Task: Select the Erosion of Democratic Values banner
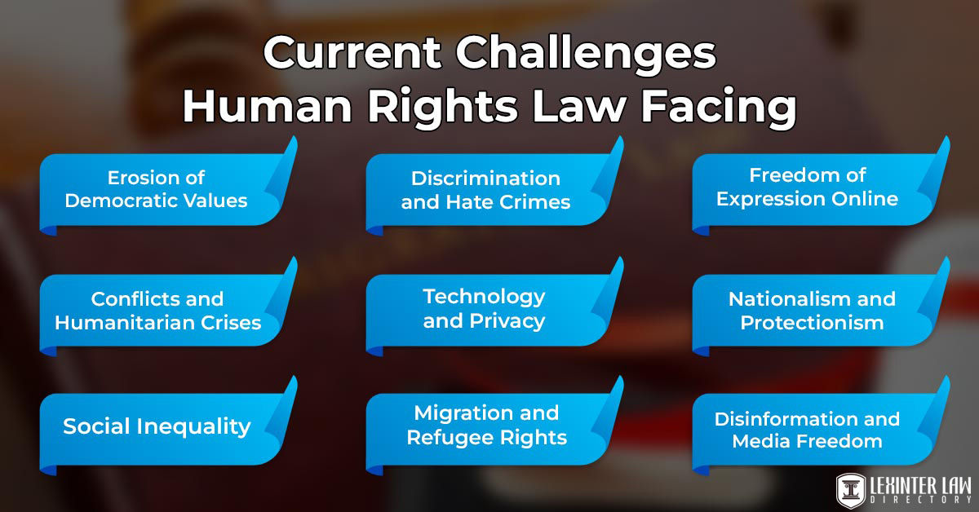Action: (x=156, y=189)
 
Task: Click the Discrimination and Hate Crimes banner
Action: (x=485, y=190)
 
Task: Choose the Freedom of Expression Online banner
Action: (x=807, y=188)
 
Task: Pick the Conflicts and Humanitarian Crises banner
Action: (x=157, y=311)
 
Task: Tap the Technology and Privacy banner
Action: (x=484, y=308)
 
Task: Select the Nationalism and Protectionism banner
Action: (x=812, y=311)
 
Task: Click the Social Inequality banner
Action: (x=157, y=426)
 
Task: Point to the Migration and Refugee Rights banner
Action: (x=486, y=425)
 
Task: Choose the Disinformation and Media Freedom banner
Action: (x=807, y=430)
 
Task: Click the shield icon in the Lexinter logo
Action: (x=851, y=489)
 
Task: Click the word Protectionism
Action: (x=812, y=322)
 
